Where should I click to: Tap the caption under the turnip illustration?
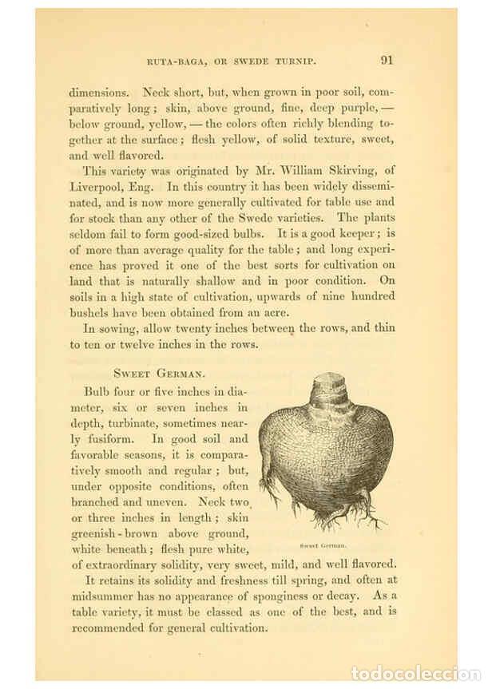tap(323, 545)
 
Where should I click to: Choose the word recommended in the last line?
tap(112, 628)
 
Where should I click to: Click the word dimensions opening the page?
tap(98, 92)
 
